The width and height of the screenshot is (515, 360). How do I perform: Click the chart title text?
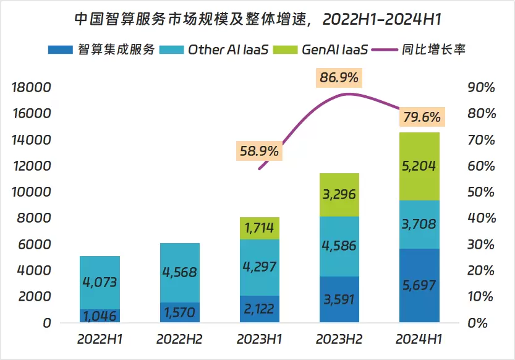(x=257, y=19)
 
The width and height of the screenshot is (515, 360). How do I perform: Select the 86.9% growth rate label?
(x=339, y=79)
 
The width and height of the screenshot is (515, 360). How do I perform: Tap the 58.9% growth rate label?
(x=258, y=150)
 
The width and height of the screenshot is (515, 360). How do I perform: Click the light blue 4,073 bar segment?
(x=100, y=283)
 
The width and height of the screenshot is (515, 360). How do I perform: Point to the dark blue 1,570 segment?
(x=179, y=312)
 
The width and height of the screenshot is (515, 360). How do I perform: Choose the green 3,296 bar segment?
(x=339, y=195)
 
